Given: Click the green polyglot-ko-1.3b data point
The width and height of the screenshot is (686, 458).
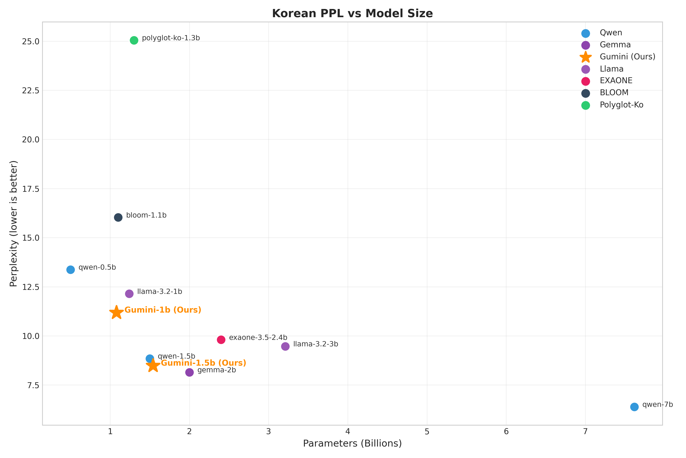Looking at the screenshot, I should coord(134,40).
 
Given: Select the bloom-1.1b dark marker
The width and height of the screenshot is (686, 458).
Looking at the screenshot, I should coord(118,217).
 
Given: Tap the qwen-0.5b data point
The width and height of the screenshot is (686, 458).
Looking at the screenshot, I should coord(71,270).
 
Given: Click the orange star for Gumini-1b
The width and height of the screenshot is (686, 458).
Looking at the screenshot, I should coord(116,313).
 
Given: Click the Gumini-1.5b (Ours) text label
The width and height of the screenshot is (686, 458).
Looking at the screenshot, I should coord(204,363).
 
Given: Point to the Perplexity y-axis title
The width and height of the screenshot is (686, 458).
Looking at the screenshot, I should coord(14,224).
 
